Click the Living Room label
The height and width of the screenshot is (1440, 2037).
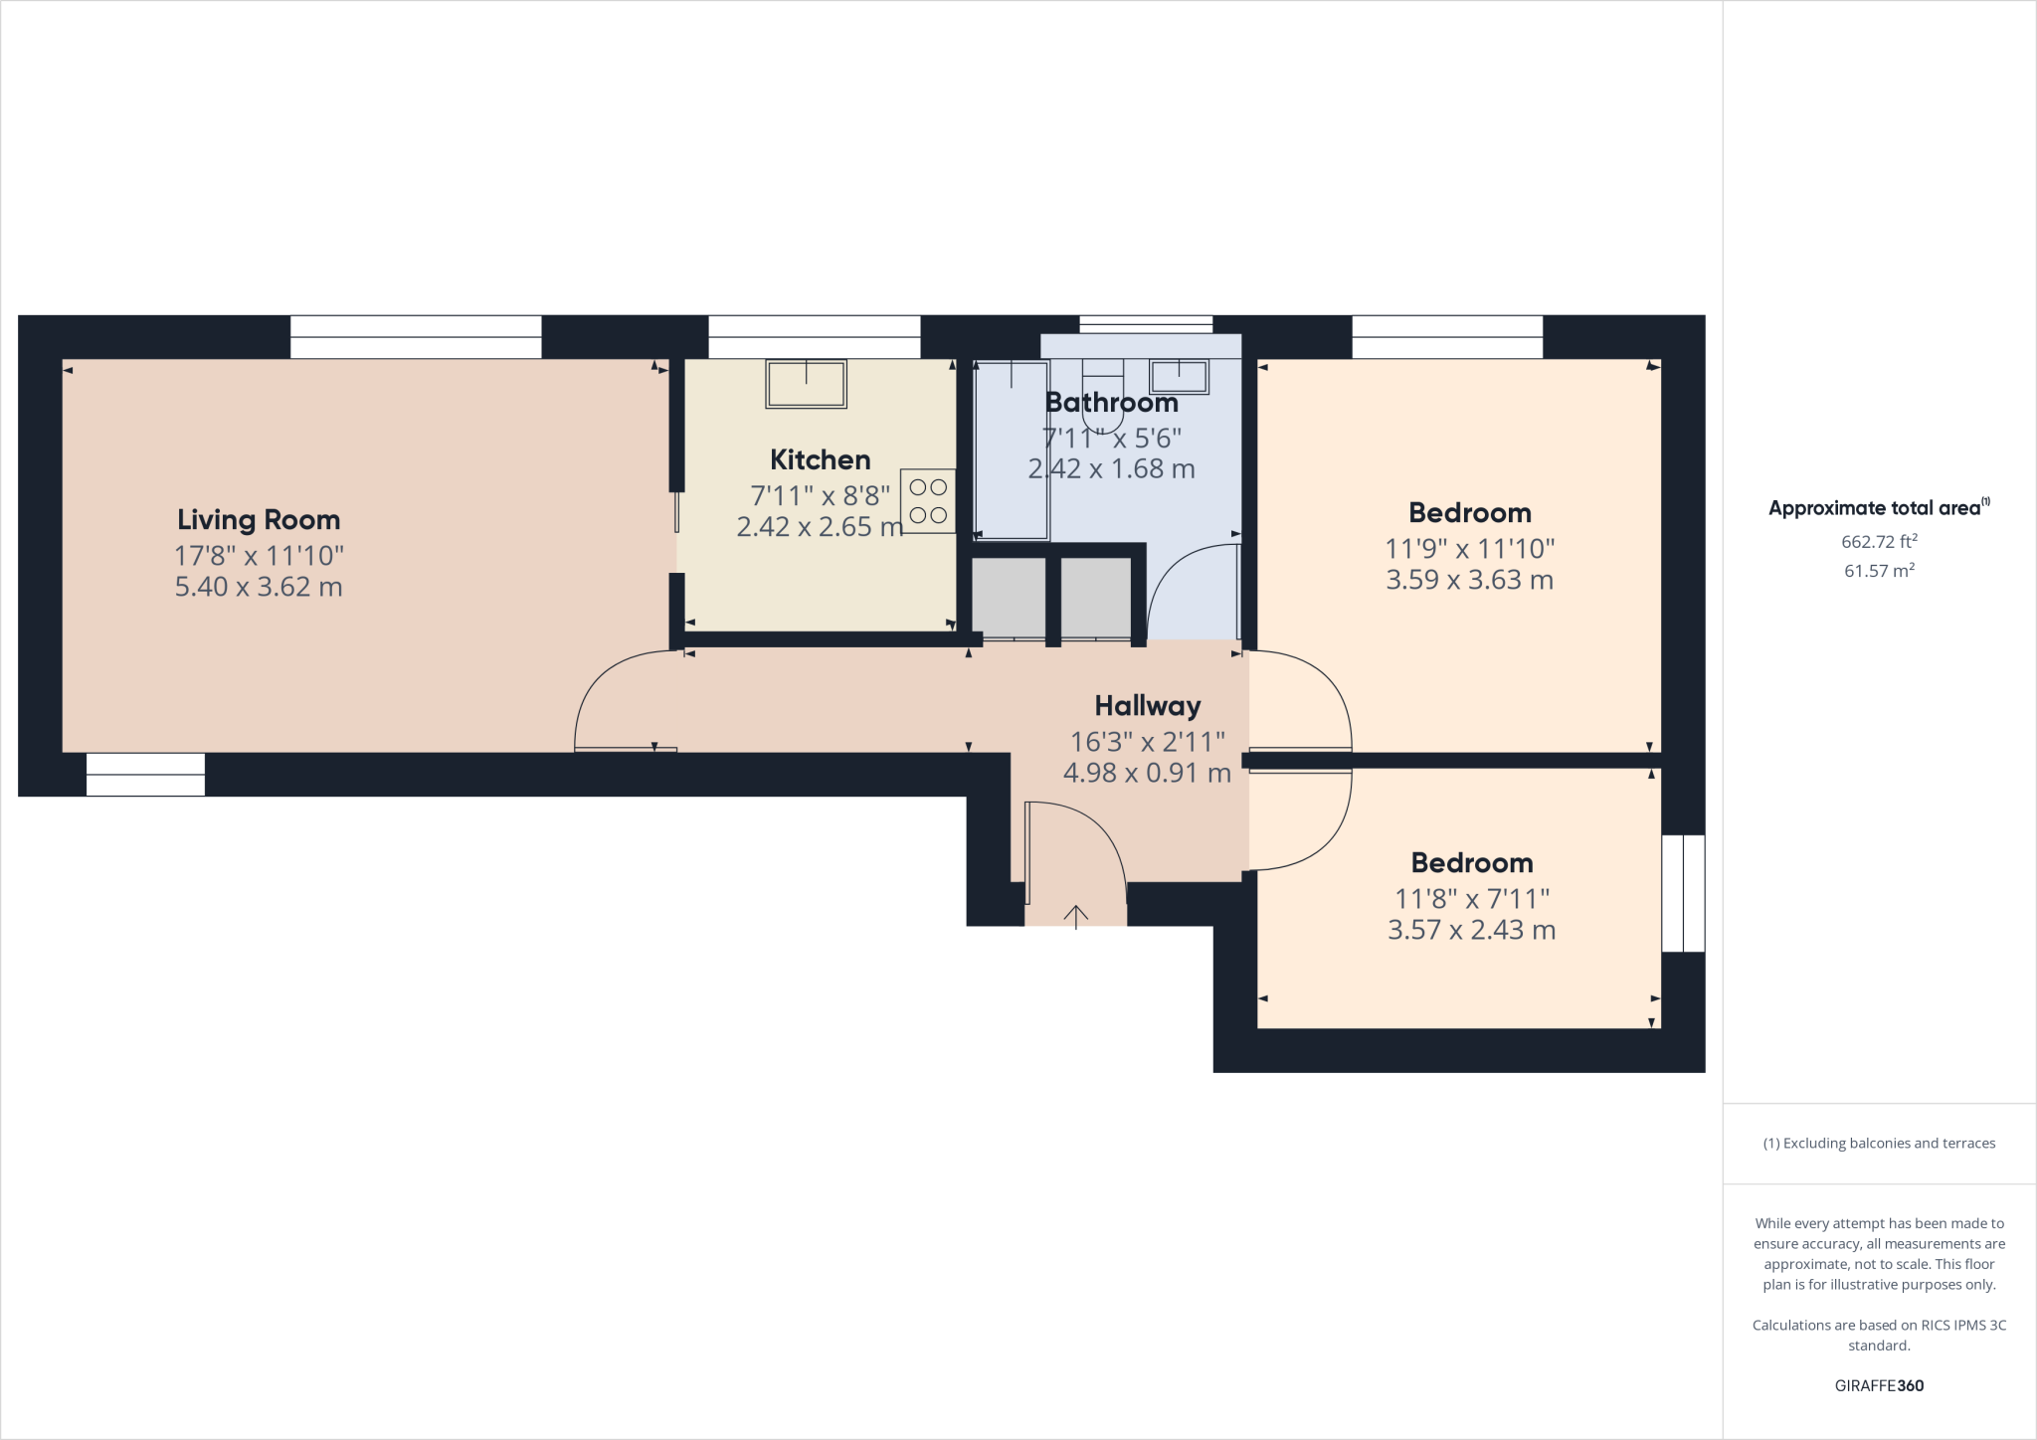[259, 519]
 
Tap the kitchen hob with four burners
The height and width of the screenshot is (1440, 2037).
[928, 501]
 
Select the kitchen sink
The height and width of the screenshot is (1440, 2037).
[806, 384]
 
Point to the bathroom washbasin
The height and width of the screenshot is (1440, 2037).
[1179, 377]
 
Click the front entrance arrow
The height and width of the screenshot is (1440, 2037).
[1076, 915]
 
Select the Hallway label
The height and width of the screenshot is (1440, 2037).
[1148, 706]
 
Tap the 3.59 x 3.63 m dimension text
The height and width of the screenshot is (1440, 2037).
[1469, 580]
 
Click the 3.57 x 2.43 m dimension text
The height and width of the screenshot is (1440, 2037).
[1471, 930]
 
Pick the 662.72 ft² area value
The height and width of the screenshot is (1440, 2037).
[1879, 542]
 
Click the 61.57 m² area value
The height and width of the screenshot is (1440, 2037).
[1879, 571]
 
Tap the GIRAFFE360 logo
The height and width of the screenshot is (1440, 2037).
[1879, 1385]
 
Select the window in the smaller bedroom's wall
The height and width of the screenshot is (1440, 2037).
[1683, 893]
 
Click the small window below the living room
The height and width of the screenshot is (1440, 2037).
[145, 775]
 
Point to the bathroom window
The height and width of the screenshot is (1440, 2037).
[1146, 324]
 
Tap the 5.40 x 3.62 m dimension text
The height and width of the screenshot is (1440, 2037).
[259, 587]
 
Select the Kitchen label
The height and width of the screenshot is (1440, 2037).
[820, 459]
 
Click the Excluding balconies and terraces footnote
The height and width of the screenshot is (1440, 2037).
[1879, 1144]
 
